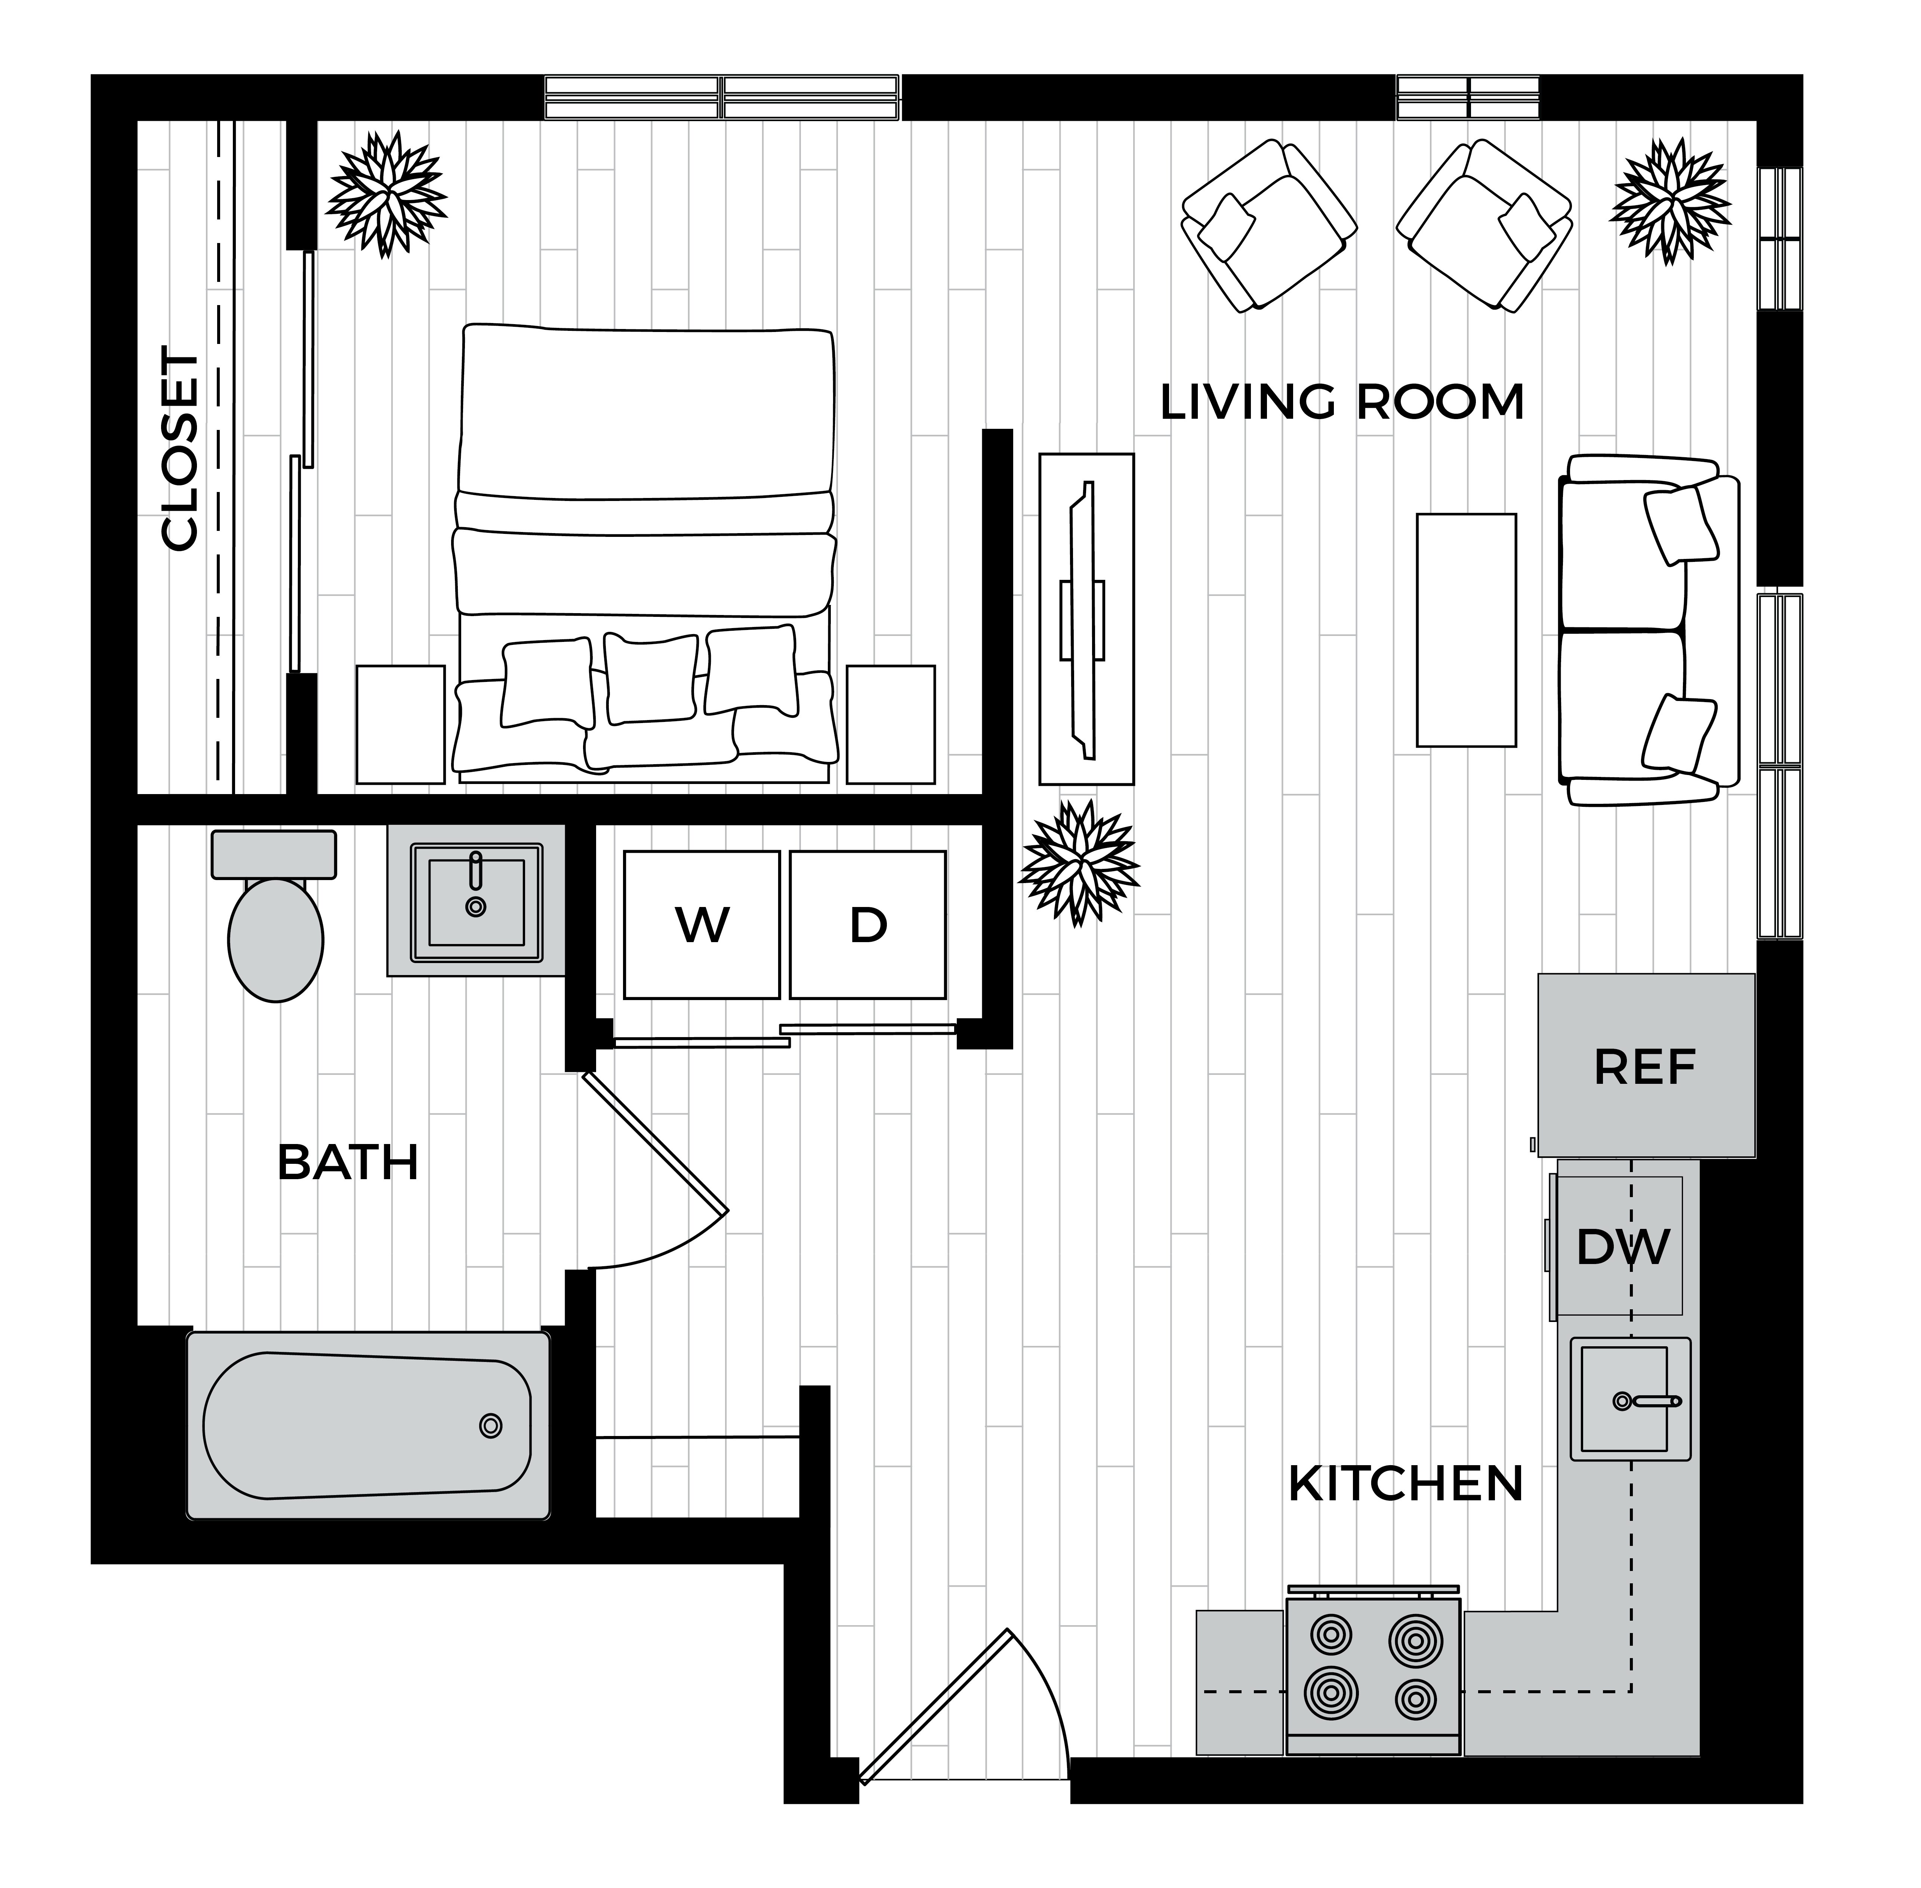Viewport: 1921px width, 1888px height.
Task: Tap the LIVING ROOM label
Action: [1342, 403]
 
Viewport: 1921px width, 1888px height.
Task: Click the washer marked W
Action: [702, 924]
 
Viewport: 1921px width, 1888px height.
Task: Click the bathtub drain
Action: [490, 1426]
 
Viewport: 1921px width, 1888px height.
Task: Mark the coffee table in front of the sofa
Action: [1466, 630]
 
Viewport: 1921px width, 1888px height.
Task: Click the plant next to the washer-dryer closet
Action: [1079, 862]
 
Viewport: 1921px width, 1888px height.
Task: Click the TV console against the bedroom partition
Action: [1086, 619]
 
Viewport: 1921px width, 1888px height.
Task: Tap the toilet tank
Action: [274, 854]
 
